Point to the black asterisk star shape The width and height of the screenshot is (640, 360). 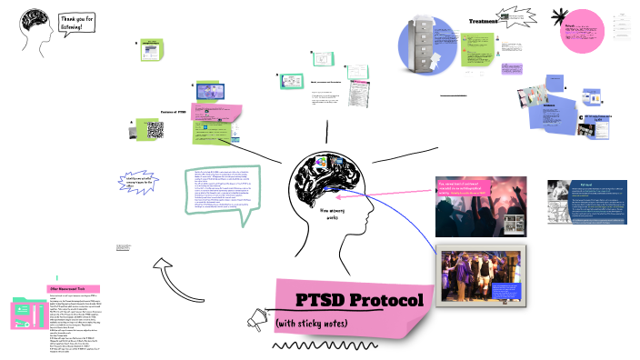pos(561,16)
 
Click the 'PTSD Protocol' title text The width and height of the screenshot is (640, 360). pos(359,300)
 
